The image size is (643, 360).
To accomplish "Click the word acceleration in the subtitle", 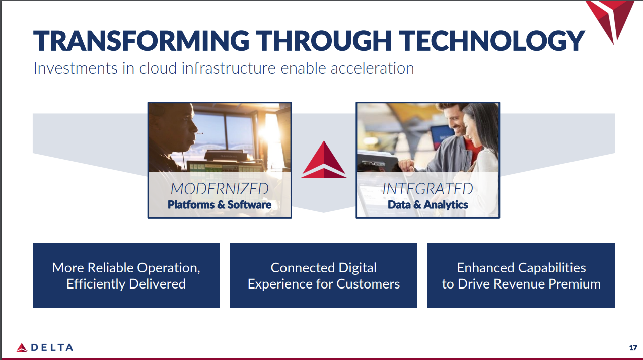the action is pyautogui.click(x=372, y=68).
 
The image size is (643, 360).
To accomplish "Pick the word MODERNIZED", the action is pyautogui.click(x=220, y=189).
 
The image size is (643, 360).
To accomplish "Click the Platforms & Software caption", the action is pyautogui.click(x=220, y=205).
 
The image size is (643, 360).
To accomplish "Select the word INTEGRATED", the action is pyautogui.click(x=427, y=189).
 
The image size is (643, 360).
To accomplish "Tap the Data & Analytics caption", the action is pyautogui.click(x=427, y=205).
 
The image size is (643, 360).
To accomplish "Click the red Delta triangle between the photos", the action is pyautogui.click(x=324, y=161).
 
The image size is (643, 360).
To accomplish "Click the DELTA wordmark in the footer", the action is pyautogui.click(x=52, y=347).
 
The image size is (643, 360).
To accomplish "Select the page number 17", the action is pyautogui.click(x=633, y=347).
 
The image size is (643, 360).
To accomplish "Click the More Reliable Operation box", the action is pyautogui.click(x=126, y=275).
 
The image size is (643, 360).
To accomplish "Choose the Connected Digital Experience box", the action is pyautogui.click(x=324, y=275).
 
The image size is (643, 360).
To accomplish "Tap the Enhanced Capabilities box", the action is pyautogui.click(x=521, y=275).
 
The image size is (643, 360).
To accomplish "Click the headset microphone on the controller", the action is pyautogui.click(x=199, y=133).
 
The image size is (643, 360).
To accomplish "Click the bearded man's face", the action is pyautogui.click(x=456, y=120).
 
